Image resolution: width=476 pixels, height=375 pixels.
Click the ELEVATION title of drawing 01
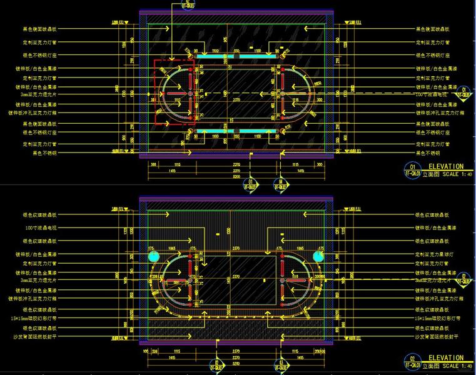click(446, 167)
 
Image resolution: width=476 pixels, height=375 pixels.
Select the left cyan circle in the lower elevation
click(150, 257)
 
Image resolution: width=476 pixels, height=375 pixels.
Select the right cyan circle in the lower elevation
click(320, 257)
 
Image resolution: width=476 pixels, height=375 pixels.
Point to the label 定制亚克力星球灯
click(433, 255)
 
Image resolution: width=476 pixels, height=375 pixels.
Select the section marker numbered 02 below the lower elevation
click(218, 365)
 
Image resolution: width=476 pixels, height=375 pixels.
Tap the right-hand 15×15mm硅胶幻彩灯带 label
click(438, 318)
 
